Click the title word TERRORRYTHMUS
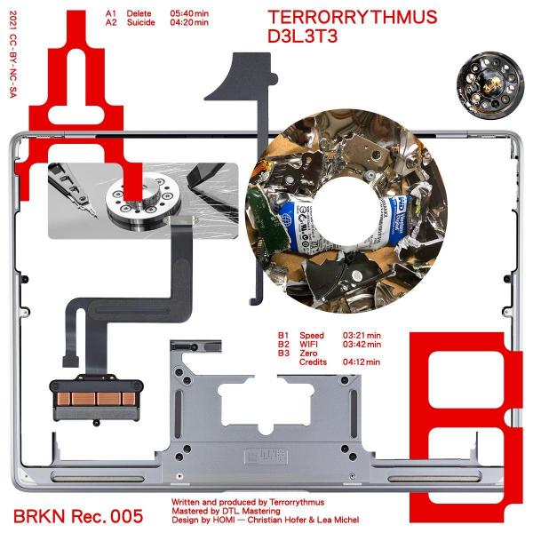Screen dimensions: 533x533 [353, 17]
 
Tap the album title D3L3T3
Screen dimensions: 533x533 [303, 36]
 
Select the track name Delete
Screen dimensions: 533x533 [139, 13]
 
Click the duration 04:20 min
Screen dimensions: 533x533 [189, 22]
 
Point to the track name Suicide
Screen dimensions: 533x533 [140, 22]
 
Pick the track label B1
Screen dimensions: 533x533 [283, 335]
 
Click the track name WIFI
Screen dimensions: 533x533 [308, 344]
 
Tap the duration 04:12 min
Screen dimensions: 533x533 [362, 362]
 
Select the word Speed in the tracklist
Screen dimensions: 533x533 [312, 335]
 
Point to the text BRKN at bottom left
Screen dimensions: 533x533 [39, 516]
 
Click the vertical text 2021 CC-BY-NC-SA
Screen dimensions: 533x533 [13, 54]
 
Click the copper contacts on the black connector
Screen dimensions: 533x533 [96, 398]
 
